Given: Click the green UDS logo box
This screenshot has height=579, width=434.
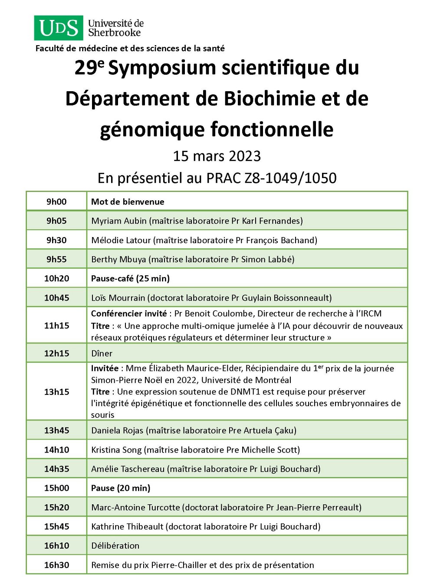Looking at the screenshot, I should (59, 28).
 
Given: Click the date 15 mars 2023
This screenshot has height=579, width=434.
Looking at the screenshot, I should (217, 156).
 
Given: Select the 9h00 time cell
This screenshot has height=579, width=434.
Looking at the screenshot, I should (56, 202).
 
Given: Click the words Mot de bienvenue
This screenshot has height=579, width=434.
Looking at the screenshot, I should (128, 202).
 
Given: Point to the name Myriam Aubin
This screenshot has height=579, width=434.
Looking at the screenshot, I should (119, 221).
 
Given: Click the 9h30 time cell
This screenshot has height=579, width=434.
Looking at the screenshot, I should (56, 240).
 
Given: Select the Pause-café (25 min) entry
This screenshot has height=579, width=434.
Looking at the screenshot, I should (130, 278).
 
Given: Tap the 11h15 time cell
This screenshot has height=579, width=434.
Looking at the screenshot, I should (56, 325).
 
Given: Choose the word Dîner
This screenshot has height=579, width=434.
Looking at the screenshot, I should (102, 354).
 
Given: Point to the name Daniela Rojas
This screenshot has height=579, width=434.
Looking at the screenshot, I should (117, 430).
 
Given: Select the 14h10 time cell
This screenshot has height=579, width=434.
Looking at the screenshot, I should (56, 450).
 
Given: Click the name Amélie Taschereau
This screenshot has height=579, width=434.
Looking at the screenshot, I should (128, 469).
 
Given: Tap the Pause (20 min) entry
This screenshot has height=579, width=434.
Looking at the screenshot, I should (121, 488).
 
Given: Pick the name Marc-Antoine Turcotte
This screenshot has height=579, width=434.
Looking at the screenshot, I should (135, 507).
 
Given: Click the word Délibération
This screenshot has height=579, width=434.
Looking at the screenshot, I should (115, 546).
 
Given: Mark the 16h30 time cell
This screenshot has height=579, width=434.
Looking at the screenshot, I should (56, 565).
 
